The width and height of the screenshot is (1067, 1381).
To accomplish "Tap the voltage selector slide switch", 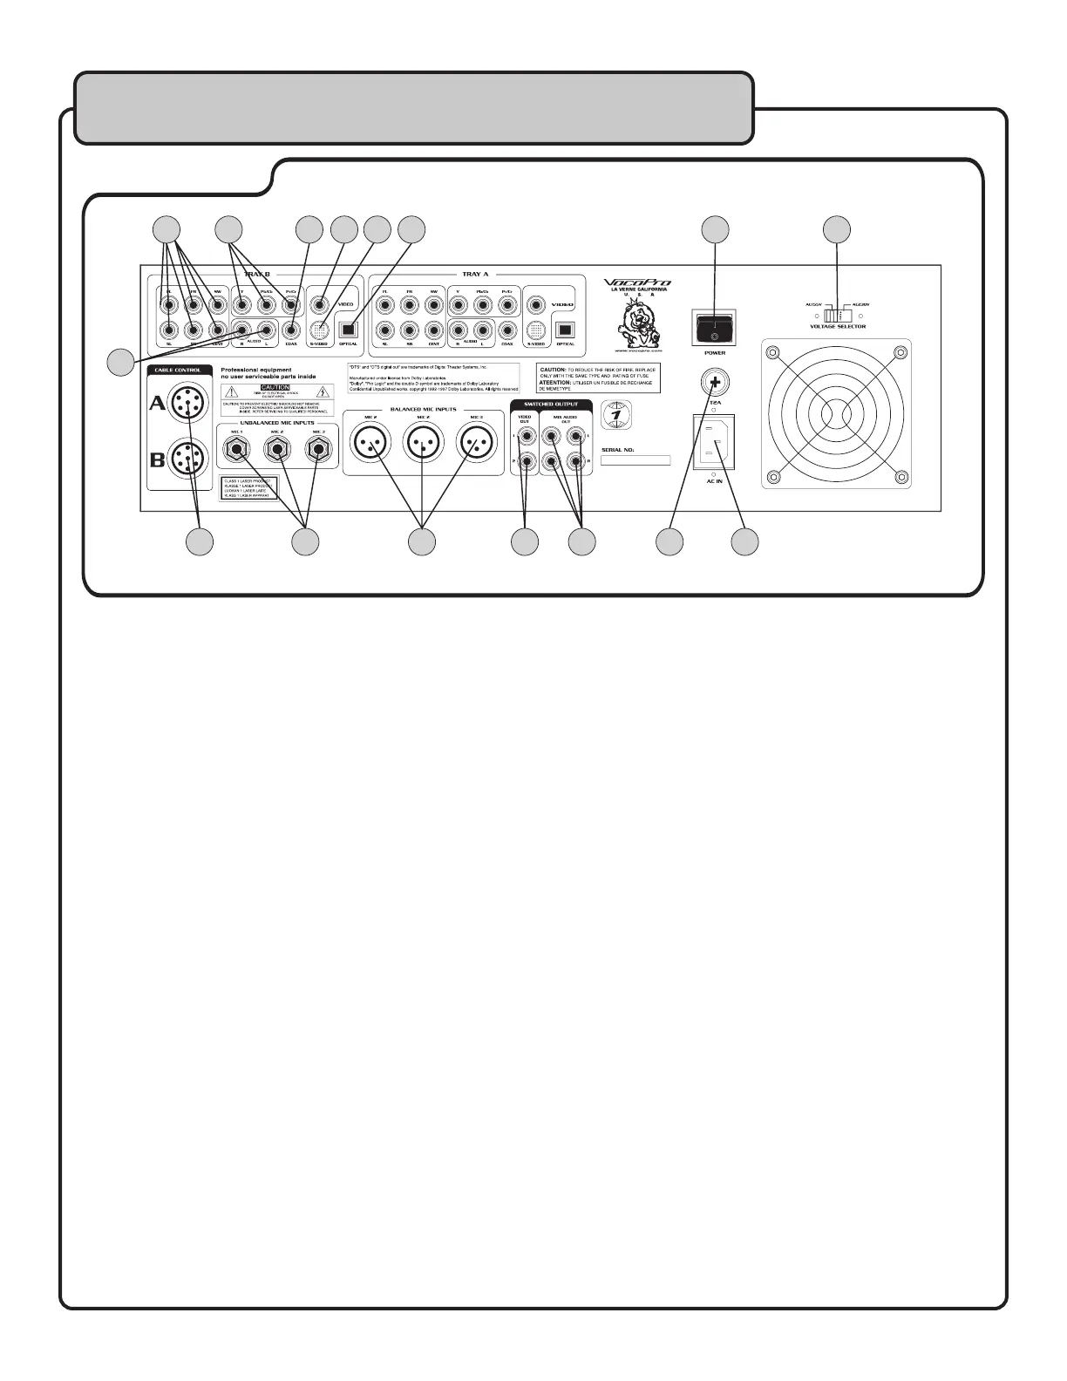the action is pos(837,315).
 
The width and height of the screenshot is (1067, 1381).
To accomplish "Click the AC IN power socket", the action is pos(714,442).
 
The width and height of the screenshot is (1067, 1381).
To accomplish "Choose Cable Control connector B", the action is pos(185,458).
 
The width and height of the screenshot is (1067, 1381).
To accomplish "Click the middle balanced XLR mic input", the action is pos(423,444).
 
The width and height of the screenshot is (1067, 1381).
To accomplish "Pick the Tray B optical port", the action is pos(348,330).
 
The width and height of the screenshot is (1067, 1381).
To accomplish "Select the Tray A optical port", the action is pos(565,330).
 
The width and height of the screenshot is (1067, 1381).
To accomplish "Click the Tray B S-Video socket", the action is pos(322,330).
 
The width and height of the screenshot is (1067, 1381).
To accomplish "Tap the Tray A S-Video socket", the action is pos(537,330).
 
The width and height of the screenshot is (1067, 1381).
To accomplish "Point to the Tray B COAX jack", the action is pos(291,330).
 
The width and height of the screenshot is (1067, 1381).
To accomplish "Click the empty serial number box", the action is pos(635,459).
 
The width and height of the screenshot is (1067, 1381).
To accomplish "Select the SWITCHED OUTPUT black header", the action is pos(550,405).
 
